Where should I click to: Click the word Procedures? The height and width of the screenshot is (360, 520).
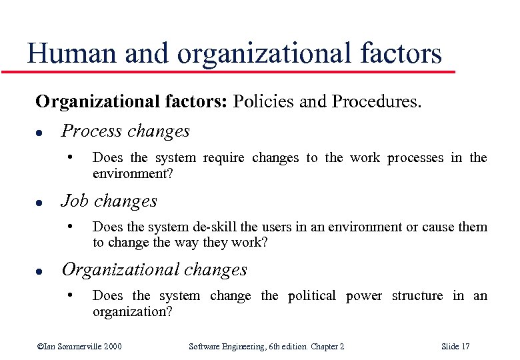coord(377,103)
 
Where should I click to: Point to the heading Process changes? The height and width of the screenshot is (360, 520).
coord(125,131)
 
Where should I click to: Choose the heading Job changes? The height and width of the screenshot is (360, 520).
coord(109,201)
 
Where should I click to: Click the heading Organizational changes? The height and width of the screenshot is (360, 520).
coord(154,270)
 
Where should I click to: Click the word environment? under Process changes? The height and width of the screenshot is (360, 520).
coord(131,173)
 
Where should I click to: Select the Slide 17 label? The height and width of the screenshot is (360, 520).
coord(455,347)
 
